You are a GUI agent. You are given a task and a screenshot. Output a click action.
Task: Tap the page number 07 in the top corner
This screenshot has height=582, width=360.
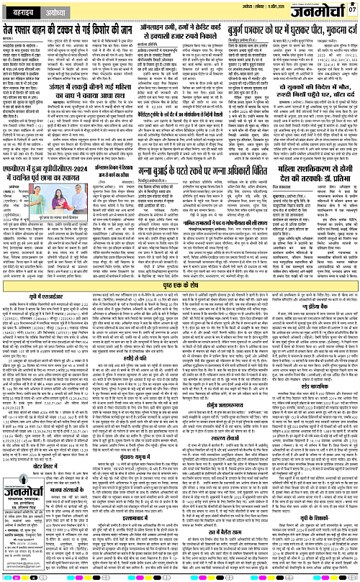[x=351, y=9]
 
